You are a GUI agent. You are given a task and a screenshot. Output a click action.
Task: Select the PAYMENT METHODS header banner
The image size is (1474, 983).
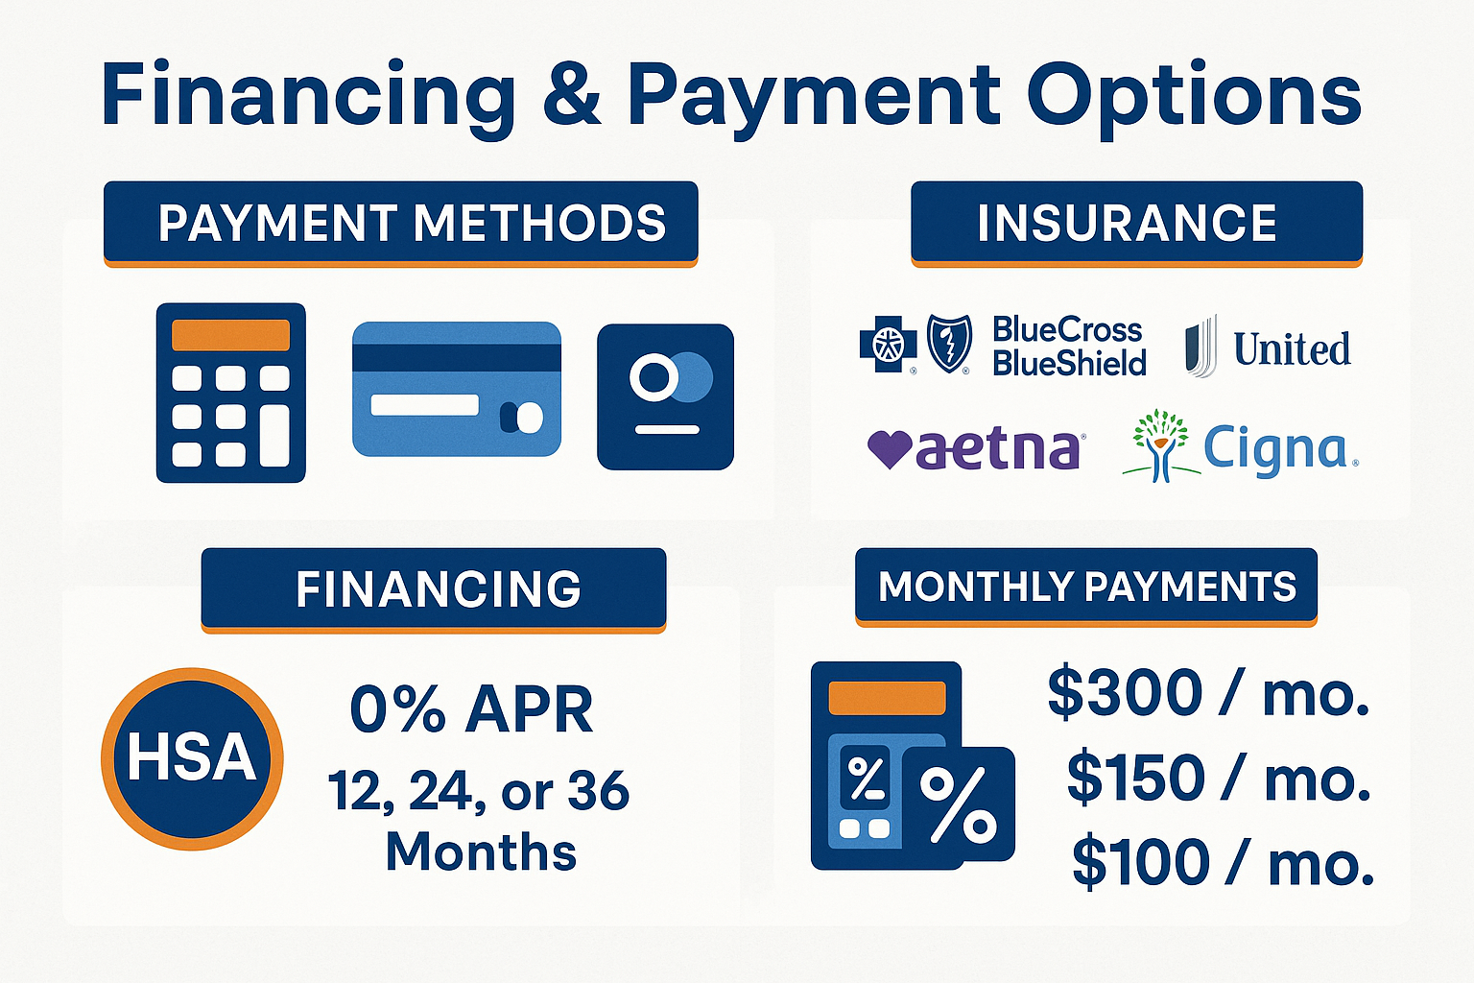[401, 224]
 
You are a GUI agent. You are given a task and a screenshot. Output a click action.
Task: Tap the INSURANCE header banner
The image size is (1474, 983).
[1136, 224]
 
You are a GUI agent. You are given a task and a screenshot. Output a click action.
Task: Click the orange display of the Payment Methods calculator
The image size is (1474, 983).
[230, 335]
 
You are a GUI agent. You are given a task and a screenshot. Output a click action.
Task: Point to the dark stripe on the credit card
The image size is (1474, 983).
[457, 357]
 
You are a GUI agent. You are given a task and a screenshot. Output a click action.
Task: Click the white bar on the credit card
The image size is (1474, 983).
[425, 405]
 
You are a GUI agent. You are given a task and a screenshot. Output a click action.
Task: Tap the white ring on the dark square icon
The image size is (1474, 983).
[654, 377]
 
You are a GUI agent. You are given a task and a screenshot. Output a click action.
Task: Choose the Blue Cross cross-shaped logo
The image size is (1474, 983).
[889, 343]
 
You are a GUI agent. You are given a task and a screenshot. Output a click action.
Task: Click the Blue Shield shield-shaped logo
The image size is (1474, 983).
[949, 343]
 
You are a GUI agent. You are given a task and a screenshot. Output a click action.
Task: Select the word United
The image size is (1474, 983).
[1292, 349]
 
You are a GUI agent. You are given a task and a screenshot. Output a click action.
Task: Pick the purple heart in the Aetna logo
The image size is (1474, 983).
[890, 449]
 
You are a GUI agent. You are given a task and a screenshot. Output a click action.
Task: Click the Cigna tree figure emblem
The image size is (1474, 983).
[1161, 445]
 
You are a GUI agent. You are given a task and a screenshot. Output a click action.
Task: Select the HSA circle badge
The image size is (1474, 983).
[192, 759]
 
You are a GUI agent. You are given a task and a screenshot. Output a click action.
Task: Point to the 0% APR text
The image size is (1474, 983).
[472, 709]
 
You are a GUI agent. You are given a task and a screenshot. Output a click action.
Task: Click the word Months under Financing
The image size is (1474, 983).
[481, 852]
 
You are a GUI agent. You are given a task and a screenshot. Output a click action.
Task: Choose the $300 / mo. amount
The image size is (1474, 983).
[1208, 693]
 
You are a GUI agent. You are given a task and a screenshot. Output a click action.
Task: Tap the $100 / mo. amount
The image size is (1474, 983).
[1223, 862]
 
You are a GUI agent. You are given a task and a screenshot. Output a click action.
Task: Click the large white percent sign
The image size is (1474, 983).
[958, 804]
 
